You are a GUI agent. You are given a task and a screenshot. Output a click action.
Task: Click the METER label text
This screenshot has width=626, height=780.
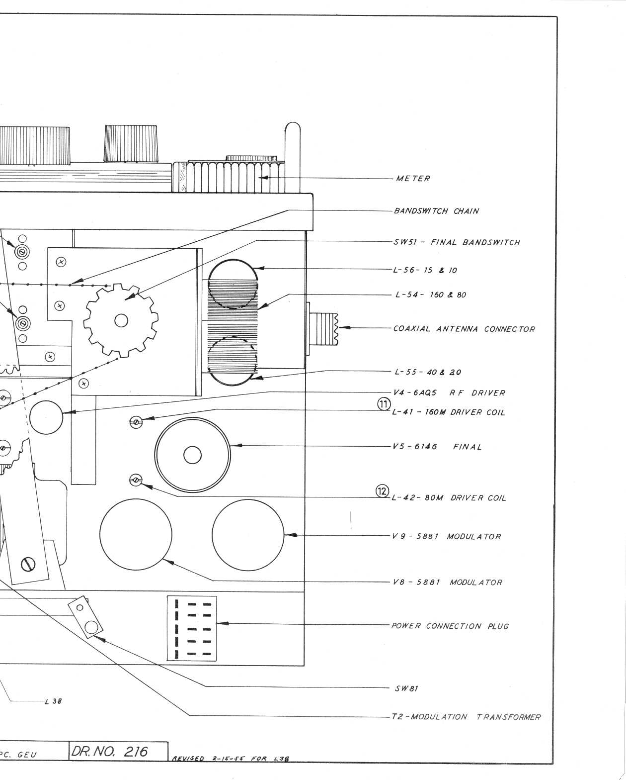pos(413,179)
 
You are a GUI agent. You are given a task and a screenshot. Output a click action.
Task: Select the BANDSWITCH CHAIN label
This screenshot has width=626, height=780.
pos(436,211)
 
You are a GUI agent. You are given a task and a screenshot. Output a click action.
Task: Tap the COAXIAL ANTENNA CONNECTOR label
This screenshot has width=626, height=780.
pos(464,329)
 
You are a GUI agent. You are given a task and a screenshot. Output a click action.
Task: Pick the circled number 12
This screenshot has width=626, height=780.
pos(382,491)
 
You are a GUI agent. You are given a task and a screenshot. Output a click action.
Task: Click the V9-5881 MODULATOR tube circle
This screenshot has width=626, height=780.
pos(248,535)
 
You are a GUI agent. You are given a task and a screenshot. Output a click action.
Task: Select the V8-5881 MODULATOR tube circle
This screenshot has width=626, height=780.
pos(136,535)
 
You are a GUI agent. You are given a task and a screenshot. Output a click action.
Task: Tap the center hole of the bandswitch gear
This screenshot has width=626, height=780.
pos(121,321)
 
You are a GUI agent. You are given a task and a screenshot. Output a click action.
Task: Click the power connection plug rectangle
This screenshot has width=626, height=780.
pos(192,628)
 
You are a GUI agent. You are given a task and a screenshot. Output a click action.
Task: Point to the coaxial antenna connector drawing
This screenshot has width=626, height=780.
pos(323,328)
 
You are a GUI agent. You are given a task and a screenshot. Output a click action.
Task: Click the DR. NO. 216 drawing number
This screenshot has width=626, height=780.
pos(109,751)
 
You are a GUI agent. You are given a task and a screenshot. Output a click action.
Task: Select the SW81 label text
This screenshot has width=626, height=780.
pos(406,689)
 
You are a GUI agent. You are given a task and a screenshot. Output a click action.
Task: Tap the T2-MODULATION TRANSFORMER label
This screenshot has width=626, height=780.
pos(466,717)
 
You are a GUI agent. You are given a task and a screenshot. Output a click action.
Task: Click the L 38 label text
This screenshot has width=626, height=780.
pos(53,702)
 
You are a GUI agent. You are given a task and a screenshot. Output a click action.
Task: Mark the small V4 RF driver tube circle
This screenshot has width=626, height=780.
pos(46,416)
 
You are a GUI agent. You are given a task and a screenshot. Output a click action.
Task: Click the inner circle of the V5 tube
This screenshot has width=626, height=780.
pos(192,455)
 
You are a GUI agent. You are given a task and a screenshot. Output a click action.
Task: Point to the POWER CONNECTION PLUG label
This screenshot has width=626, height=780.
pos(450,626)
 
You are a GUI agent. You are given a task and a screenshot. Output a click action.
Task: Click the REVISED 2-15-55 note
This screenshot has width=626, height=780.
pos(231,759)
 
